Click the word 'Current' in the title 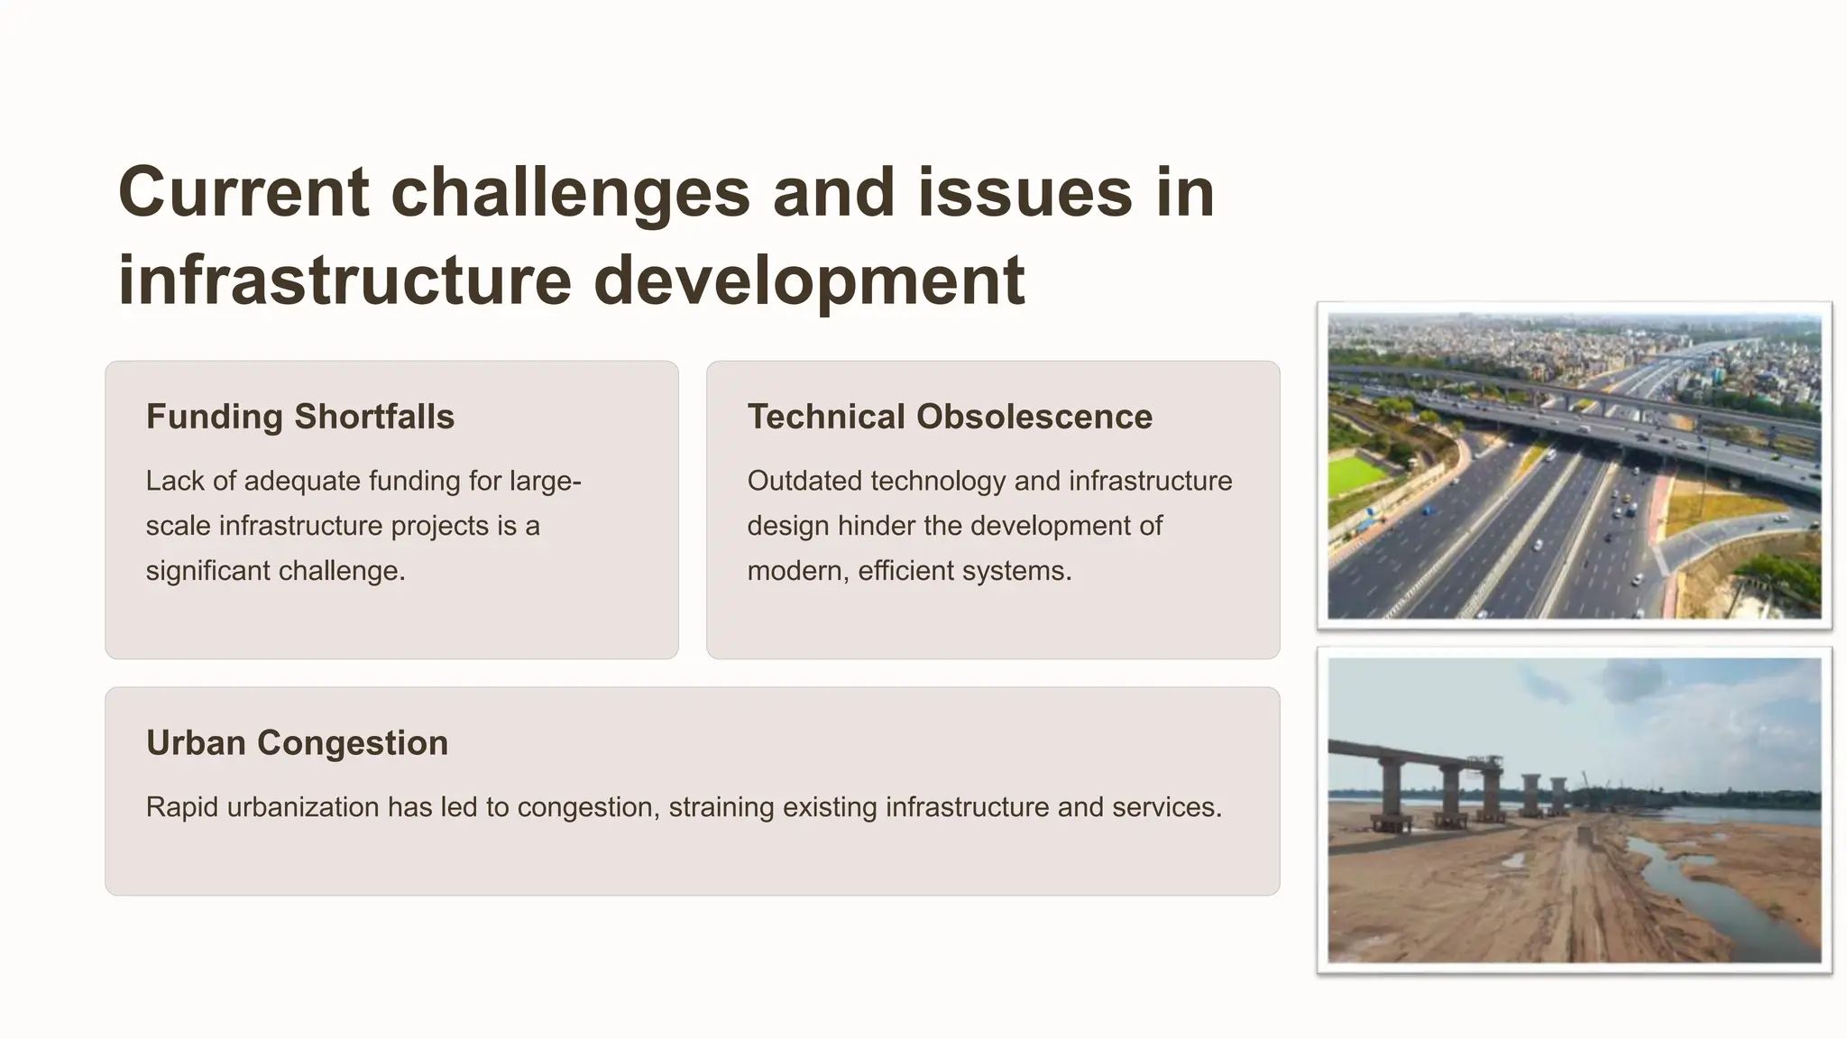pos(244,193)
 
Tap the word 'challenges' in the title pos(570,193)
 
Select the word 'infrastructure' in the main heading pos(345,280)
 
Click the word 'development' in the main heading pos(809,280)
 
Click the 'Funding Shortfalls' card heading pos(300,417)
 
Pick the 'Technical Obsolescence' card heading pos(950,417)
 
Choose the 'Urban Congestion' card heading pos(297,743)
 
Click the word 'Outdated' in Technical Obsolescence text pos(804,481)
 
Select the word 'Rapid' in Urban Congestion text pos(182,807)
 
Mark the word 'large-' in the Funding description pos(545,481)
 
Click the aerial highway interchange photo pos(1574,464)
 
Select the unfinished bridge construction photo pos(1574,810)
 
